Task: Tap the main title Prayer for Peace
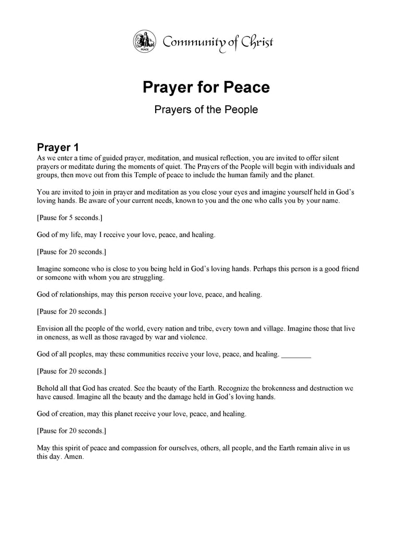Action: click(206, 87)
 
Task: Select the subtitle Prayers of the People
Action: click(206, 110)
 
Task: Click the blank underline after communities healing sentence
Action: click(296, 354)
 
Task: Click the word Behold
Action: click(49, 388)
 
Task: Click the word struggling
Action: click(148, 277)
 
